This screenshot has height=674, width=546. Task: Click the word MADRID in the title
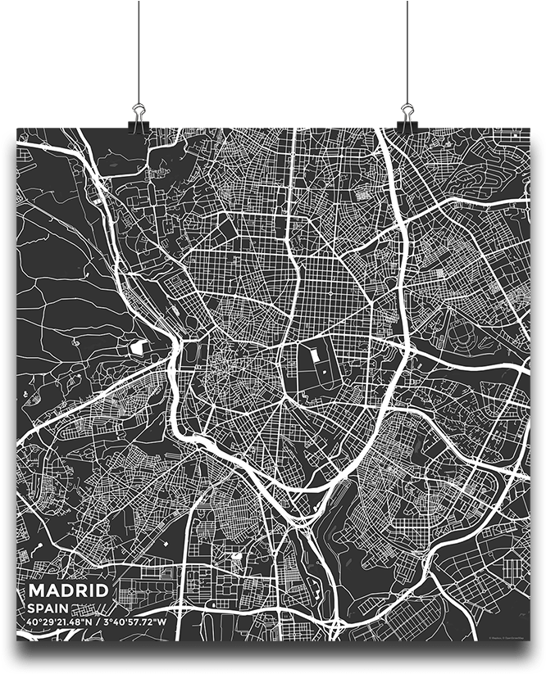pyautogui.click(x=68, y=591)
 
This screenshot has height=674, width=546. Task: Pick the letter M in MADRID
pyautogui.click(x=36, y=591)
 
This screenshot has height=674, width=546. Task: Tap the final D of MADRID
pyautogui.click(x=102, y=591)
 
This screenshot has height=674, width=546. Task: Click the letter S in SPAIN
pyautogui.click(x=31, y=609)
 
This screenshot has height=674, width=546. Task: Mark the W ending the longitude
pyautogui.click(x=162, y=622)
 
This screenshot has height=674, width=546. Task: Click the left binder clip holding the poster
pyautogui.click(x=138, y=115)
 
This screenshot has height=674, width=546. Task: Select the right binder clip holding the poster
pyautogui.click(x=407, y=115)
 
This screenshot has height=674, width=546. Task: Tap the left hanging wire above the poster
pyautogui.click(x=139, y=49)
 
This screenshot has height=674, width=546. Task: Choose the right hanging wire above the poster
pyautogui.click(x=407, y=49)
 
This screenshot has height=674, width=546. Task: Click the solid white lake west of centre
pyautogui.click(x=137, y=346)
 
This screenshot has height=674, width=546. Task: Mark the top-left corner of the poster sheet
pyautogui.click(x=17, y=129)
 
